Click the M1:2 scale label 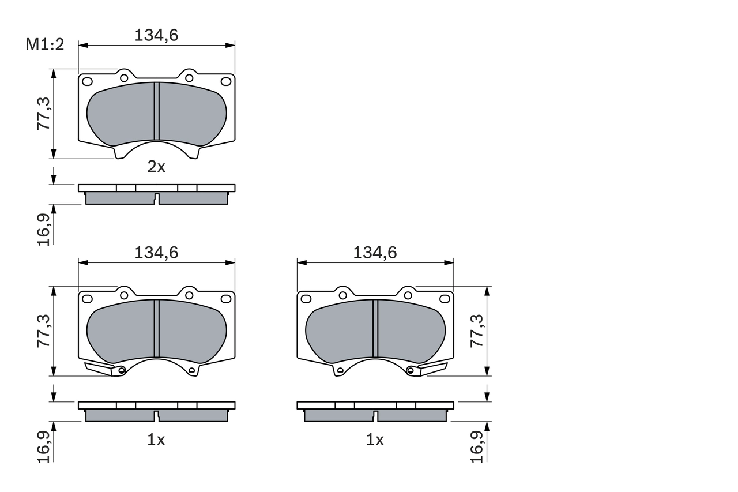(x=44, y=45)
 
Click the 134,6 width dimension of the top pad (x=156, y=35)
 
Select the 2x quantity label (x=156, y=167)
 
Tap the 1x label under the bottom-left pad (x=156, y=440)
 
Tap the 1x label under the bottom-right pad (x=375, y=440)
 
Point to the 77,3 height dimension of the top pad (x=44, y=114)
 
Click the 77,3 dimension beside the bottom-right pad (x=477, y=331)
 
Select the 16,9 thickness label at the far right (x=477, y=446)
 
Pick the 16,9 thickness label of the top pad (x=44, y=229)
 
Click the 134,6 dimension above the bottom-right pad (x=375, y=252)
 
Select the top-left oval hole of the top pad (x=87, y=81)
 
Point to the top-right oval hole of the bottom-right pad (x=445, y=298)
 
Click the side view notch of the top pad (x=156, y=199)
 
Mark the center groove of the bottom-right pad (x=375, y=328)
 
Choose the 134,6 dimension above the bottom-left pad (x=156, y=252)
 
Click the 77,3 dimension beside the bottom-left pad (x=44, y=331)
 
